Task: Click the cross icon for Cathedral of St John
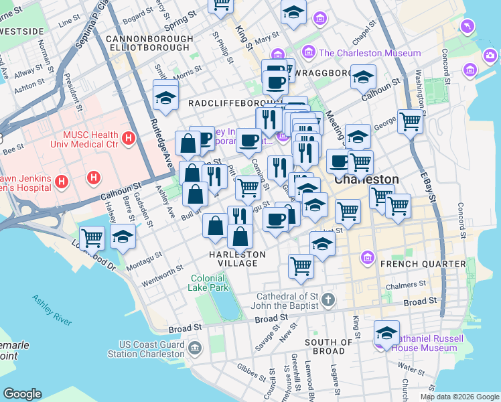[328, 299]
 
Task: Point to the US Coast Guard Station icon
[195, 348]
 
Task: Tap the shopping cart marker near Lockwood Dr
[92, 237]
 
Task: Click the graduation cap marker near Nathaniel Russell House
[386, 332]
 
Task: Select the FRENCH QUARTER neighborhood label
[422, 264]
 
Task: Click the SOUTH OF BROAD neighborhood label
[328, 346]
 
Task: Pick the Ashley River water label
[52, 310]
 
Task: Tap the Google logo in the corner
[22, 394]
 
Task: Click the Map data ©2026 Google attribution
[459, 397]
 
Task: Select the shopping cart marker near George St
[410, 122]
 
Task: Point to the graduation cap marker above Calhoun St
[363, 77]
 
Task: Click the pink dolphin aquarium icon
[466, 26]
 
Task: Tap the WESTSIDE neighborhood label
[22, 31]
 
